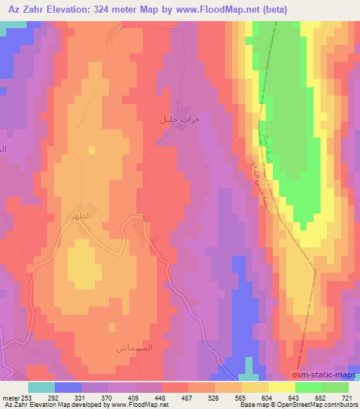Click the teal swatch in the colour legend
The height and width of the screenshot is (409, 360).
click(x=41, y=387)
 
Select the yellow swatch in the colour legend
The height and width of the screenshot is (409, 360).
click(x=281, y=387)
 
